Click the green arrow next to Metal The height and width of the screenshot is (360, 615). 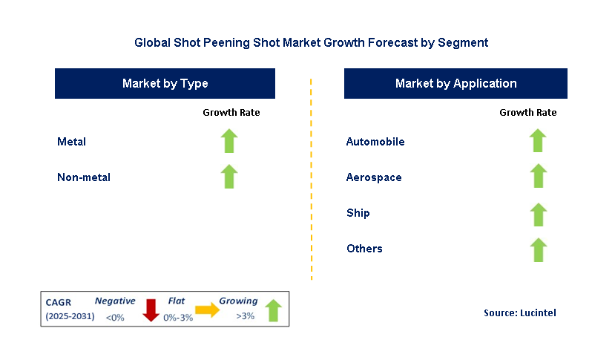(229, 141)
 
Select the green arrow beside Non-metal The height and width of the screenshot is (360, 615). (229, 177)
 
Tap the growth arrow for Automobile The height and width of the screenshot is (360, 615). (538, 141)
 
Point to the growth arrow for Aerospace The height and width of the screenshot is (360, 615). (538, 177)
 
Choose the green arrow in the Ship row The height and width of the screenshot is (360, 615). (538, 213)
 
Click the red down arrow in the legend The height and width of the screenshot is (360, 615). (151, 310)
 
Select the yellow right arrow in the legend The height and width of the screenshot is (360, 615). (208, 310)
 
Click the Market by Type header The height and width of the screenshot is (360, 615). (165, 84)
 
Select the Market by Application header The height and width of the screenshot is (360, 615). (456, 84)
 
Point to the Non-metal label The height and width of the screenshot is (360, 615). (84, 177)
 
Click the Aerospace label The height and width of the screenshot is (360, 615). (374, 177)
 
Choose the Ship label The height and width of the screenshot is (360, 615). (358, 213)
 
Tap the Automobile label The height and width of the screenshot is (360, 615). (375, 142)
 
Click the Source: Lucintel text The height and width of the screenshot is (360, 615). (519, 313)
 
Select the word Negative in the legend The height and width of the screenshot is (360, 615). (115, 301)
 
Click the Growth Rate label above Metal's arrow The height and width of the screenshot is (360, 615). (231, 113)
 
